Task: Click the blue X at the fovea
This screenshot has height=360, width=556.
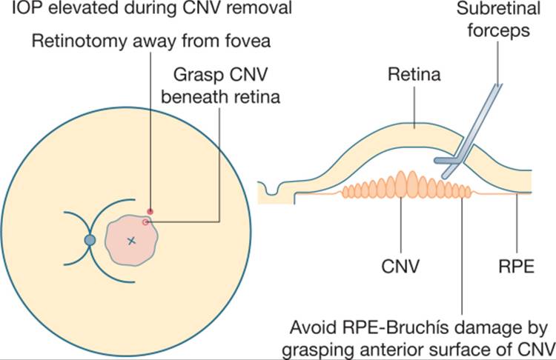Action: click(x=131, y=241)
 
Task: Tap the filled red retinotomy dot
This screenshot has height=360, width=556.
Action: click(x=150, y=212)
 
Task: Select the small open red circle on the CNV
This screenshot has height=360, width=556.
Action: click(x=145, y=222)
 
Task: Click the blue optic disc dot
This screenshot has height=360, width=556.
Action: click(x=90, y=240)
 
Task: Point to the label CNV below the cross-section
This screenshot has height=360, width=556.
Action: click(x=400, y=266)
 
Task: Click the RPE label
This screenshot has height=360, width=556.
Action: click(x=516, y=266)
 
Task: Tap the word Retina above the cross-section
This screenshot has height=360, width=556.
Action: click(x=414, y=74)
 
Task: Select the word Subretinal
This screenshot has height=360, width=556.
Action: click(x=498, y=8)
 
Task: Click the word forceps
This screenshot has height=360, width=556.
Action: click(x=498, y=30)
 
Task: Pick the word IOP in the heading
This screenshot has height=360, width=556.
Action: click(x=27, y=8)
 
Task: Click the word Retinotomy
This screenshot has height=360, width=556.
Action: click(x=79, y=41)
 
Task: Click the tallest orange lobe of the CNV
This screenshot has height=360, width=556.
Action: click(x=412, y=184)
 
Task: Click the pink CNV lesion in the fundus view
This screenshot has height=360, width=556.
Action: click(x=131, y=240)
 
